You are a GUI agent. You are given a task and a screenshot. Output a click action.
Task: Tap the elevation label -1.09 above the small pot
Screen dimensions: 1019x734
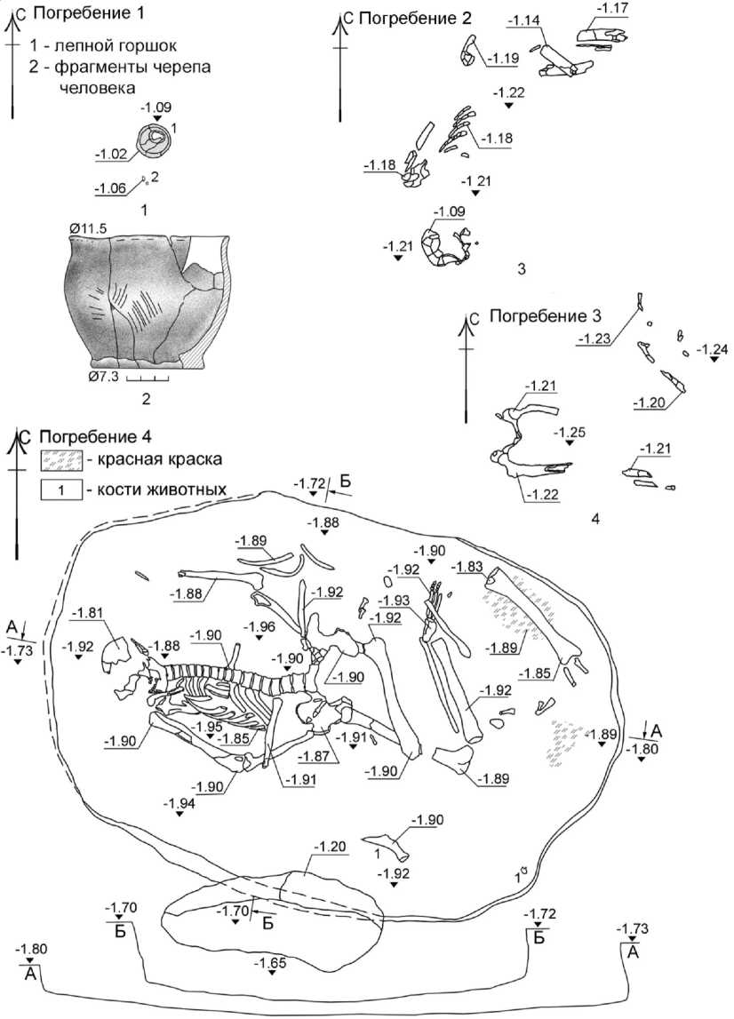tap(156, 107)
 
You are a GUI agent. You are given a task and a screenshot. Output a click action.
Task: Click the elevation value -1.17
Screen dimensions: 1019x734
tap(611, 8)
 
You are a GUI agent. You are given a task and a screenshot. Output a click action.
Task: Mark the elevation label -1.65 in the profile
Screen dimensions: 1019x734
tap(269, 962)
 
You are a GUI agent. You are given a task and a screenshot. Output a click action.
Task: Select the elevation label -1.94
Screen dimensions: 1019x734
tap(180, 802)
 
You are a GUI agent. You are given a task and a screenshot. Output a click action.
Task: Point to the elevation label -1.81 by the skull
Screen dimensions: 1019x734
tap(87, 613)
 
